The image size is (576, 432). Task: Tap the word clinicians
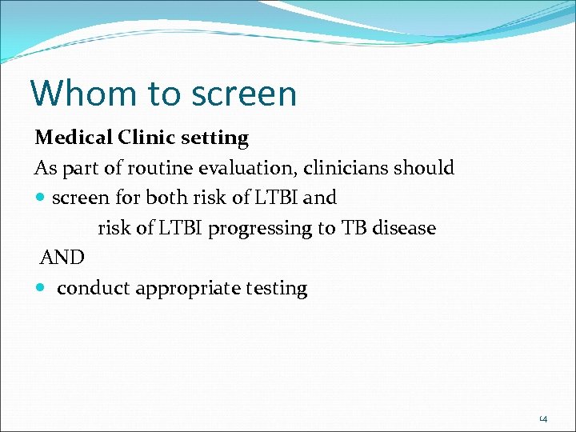[350, 168]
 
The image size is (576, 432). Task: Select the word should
[427, 168]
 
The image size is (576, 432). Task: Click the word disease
[403, 228]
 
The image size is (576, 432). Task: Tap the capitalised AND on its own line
[62, 258]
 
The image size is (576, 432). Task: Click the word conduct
[93, 288]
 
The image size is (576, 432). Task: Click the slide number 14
[543, 418]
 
